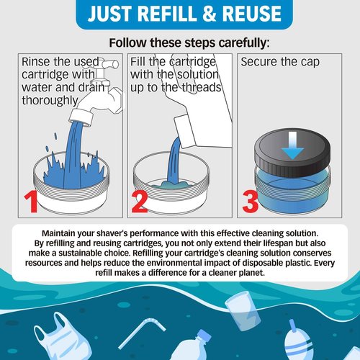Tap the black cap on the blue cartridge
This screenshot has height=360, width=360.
pyautogui.click(x=294, y=156)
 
